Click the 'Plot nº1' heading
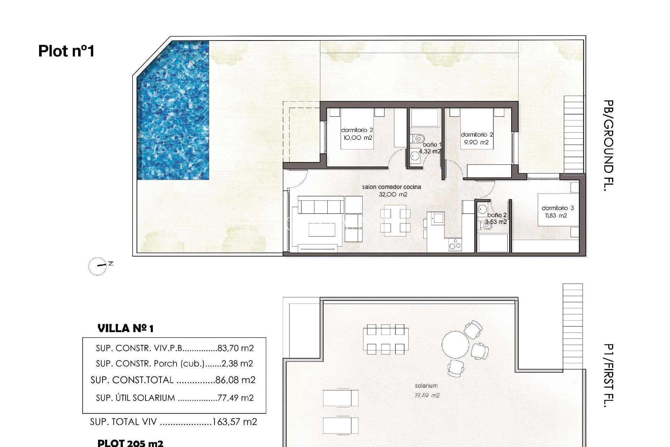tap(66, 51)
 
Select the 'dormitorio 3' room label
tap(557, 208)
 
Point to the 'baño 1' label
tap(432, 145)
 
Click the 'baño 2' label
tap(497, 215)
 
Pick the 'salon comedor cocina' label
tap(391, 187)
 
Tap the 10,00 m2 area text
tap(358, 138)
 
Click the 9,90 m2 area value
tap(476, 142)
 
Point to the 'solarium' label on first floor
tap(426, 386)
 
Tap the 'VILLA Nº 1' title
tap(125, 329)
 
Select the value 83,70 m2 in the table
tap(235, 348)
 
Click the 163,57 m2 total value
tap(234, 422)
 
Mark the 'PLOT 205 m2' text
tap(130, 443)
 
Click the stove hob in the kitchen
tap(455, 245)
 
